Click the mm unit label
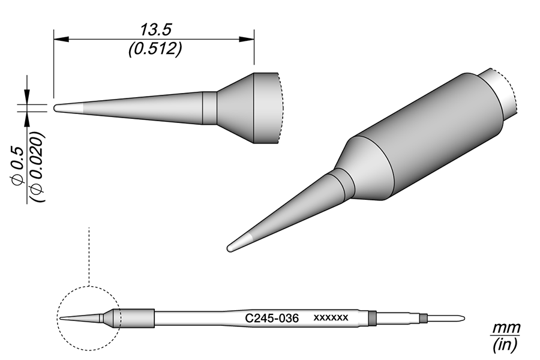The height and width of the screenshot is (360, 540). click(x=506, y=329)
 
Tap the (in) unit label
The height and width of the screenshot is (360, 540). click(x=506, y=345)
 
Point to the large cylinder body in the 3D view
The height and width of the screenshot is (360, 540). click(x=432, y=138)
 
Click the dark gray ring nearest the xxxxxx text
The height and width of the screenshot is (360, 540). click(x=372, y=318)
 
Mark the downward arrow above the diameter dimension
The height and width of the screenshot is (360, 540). click(x=26, y=96)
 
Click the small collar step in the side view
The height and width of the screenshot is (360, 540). click(x=209, y=108)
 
